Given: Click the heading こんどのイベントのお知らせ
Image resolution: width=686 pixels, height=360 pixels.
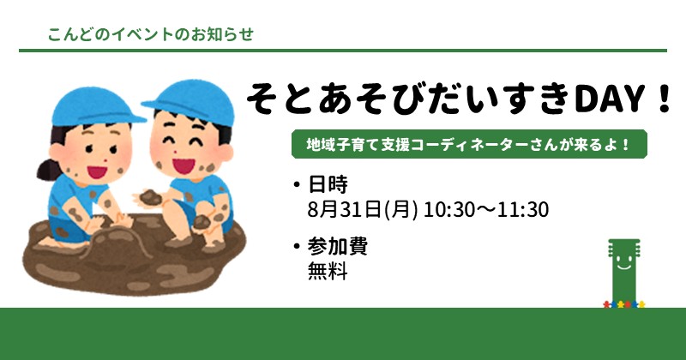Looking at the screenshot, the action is tap(151, 34).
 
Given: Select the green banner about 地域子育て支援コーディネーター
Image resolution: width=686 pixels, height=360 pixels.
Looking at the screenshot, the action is tap(469, 144).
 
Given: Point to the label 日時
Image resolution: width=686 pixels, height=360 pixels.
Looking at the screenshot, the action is tap(328, 184).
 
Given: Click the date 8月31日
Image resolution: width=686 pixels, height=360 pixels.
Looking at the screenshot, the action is tap(345, 209).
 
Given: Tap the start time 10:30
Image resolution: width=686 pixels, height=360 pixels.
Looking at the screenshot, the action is tap(448, 209).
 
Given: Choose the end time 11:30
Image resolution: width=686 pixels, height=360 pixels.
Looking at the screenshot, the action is tap(523, 209).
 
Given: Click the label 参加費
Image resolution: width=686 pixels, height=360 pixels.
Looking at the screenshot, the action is tap(337, 246).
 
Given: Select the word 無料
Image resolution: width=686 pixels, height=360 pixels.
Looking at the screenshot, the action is tap(328, 271).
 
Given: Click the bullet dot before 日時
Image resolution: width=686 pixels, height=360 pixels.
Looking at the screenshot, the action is tap(298, 184).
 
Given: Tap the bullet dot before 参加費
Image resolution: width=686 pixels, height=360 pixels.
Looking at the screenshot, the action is tap(298, 247).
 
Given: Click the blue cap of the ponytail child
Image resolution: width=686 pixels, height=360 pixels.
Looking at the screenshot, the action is tap(95, 106).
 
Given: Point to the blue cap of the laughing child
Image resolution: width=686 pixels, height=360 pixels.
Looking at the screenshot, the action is tap(191, 101).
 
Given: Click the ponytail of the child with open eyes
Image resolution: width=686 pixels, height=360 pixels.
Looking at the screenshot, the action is tap(47, 170).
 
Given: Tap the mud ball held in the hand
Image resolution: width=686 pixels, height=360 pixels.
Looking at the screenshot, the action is tap(151, 197).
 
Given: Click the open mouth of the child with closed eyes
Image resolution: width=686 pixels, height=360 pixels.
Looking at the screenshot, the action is tap(184, 165).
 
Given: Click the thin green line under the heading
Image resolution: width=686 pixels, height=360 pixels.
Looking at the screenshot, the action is tap(343, 51).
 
